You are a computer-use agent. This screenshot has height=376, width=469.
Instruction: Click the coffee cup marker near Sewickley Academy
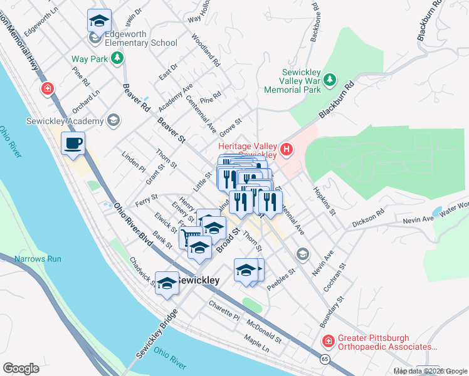pos(73,144)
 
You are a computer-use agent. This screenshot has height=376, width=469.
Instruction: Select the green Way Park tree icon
pos(117,58)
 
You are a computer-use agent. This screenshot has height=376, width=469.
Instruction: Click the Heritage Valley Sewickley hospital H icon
pos(287,149)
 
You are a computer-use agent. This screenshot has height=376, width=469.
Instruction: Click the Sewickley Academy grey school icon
pos(113,120)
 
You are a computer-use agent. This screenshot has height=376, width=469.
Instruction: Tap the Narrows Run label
pos(38,258)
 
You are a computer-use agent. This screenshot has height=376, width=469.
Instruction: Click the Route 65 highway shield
pos(324,359)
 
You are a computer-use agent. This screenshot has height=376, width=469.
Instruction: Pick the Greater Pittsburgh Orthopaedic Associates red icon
pos(328,341)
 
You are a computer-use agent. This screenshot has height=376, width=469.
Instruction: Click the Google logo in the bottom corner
pos(21,368)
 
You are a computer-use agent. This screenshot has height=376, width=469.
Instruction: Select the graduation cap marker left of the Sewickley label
pos(166,283)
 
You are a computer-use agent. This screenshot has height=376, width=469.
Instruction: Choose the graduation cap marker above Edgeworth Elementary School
pos(99,21)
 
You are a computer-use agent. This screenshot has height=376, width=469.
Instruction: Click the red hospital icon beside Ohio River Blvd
pos(47,89)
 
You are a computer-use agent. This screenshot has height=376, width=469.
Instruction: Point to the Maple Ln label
pos(257,345)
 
